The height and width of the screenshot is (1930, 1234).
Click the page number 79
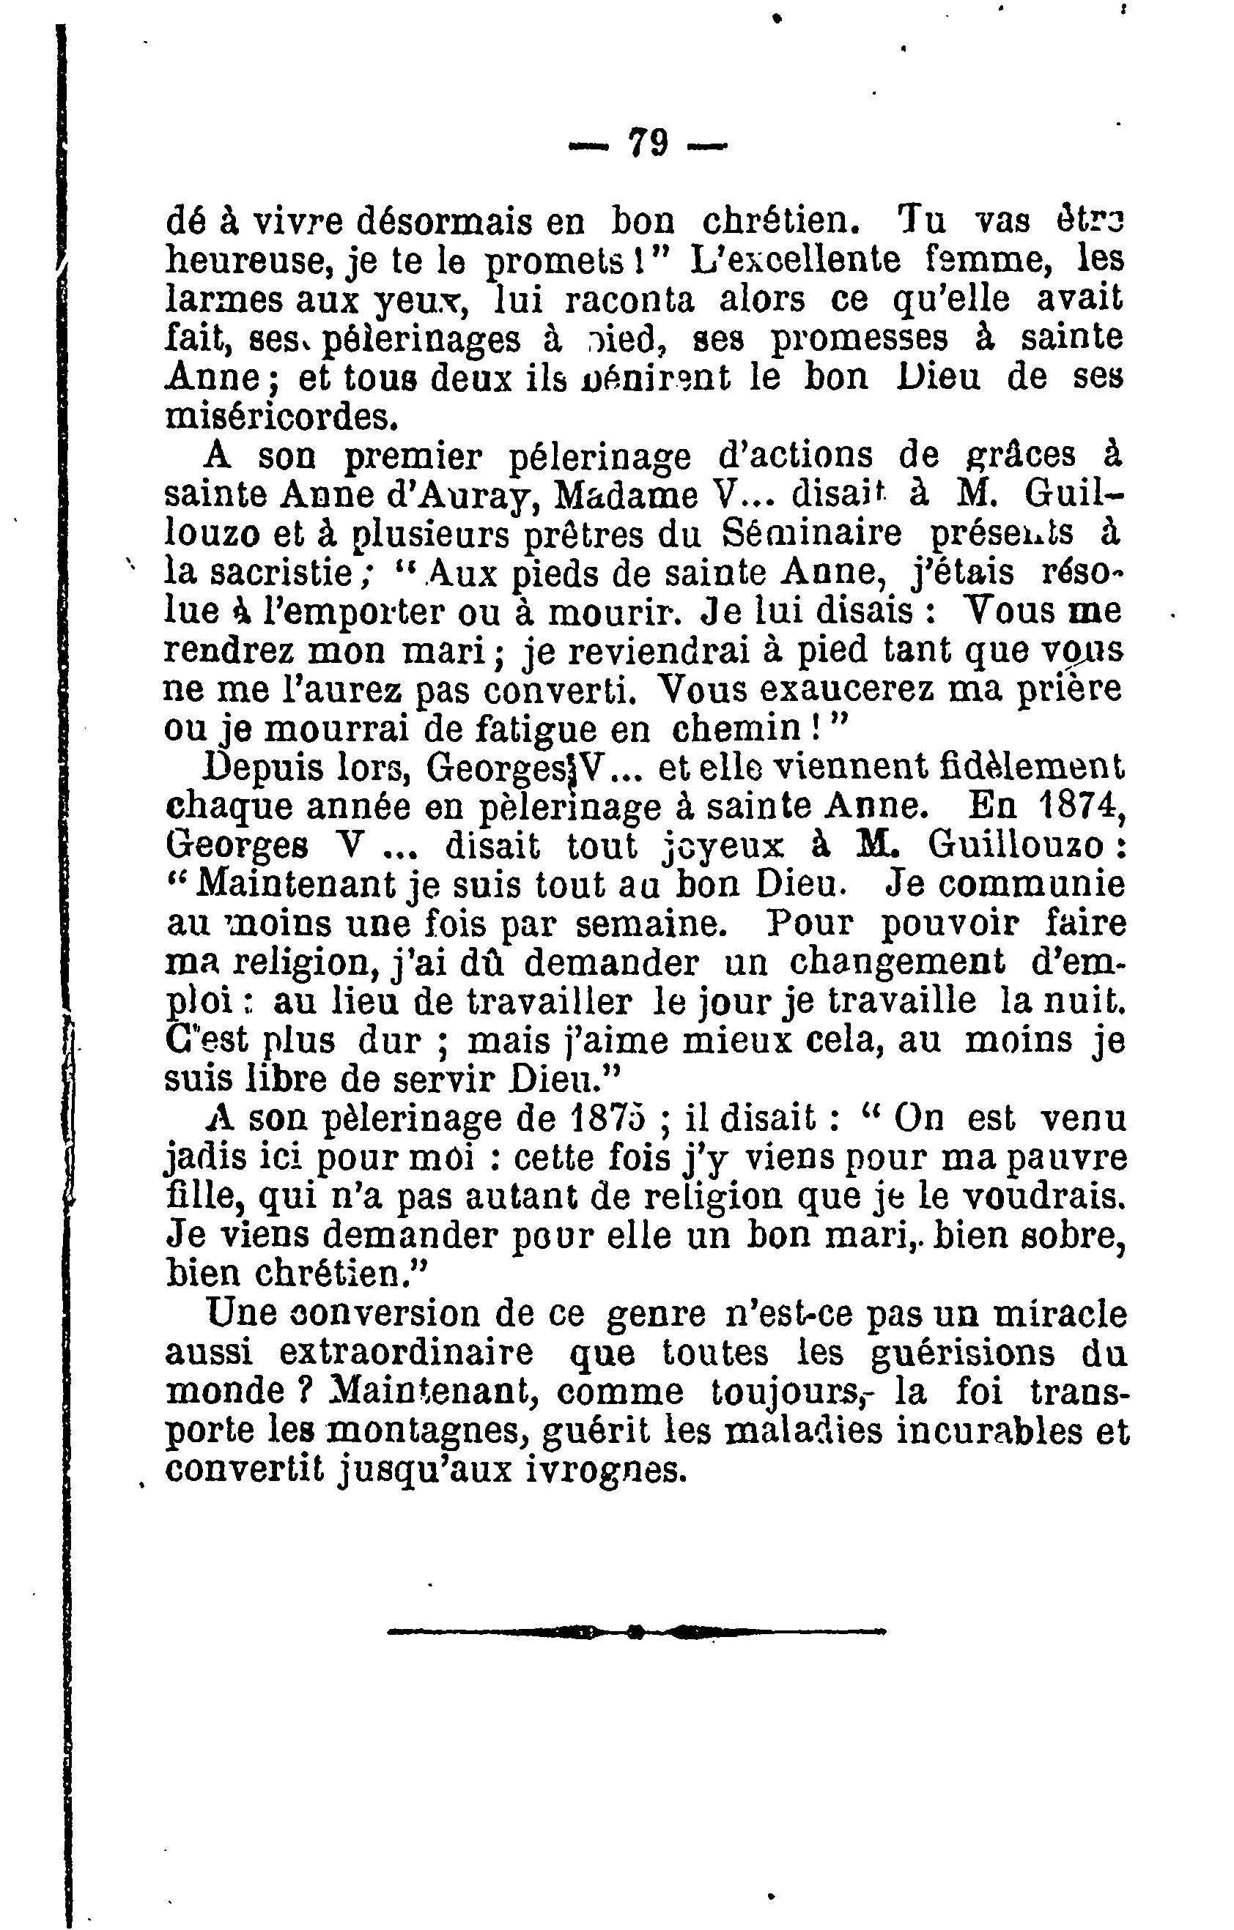(x=648, y=145)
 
